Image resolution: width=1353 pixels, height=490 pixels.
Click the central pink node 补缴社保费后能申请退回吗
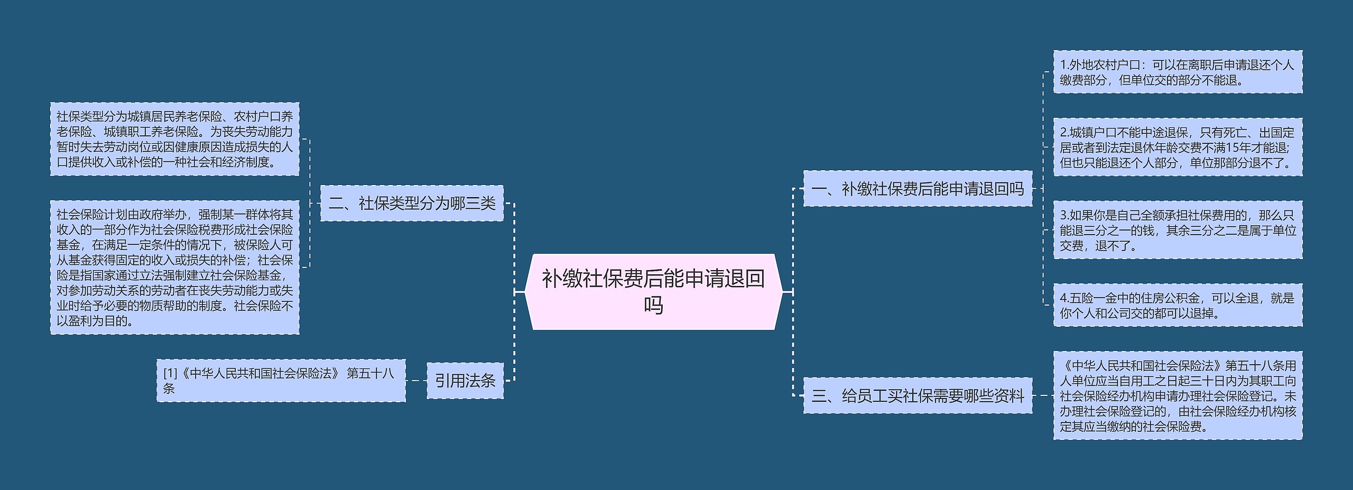[653, 291]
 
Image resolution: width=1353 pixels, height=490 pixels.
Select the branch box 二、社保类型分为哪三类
[412, 203]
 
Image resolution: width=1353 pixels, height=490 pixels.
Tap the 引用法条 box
[465, 380]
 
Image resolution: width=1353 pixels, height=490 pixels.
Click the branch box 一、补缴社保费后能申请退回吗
[918, 188]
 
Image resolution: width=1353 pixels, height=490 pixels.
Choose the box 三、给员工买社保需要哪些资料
[918, 395]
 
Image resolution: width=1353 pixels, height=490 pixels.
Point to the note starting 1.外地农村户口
[1178, 72]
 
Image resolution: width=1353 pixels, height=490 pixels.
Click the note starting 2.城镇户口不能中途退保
[1178, 147]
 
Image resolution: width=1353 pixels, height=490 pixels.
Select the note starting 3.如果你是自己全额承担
[1178, 230]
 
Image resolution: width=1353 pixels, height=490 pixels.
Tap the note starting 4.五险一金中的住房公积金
[1178, 305]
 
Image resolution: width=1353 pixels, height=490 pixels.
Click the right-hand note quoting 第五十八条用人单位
[1178, 395]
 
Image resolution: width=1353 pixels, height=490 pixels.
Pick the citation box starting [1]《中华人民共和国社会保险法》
[281, 381]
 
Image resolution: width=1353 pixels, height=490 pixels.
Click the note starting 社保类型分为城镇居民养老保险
[174, 139]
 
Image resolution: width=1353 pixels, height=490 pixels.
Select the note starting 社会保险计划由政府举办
[174, 267]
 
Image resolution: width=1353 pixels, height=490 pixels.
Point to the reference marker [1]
[170, 373]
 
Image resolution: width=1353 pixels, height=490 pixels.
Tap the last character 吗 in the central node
[653, 305]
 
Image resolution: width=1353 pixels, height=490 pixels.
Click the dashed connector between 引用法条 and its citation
[416, 381]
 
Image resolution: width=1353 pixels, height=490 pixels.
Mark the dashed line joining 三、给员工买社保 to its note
[1043, 395]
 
